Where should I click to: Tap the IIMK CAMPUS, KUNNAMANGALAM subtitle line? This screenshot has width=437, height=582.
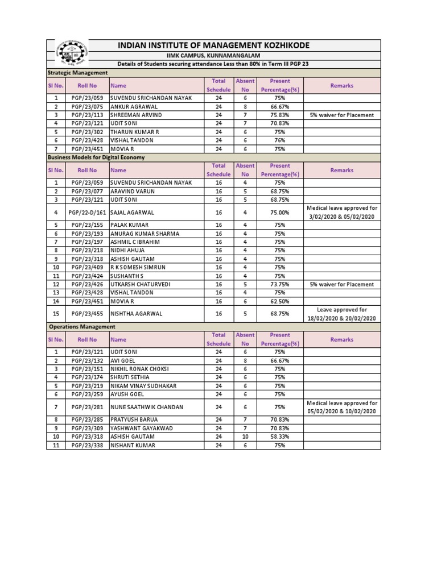point(213,55)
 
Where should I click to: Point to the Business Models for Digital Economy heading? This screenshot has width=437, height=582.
point(96,157)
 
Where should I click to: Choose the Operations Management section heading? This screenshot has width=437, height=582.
point(82,327)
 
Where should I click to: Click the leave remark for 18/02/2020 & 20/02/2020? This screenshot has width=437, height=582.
point(342,313)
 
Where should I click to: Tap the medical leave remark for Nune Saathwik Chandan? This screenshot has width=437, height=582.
point(342,407)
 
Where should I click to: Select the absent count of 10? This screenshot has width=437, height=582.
point(245,437)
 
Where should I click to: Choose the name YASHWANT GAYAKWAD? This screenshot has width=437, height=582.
point(142,429)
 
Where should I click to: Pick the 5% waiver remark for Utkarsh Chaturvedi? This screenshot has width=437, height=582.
point(342,284)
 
